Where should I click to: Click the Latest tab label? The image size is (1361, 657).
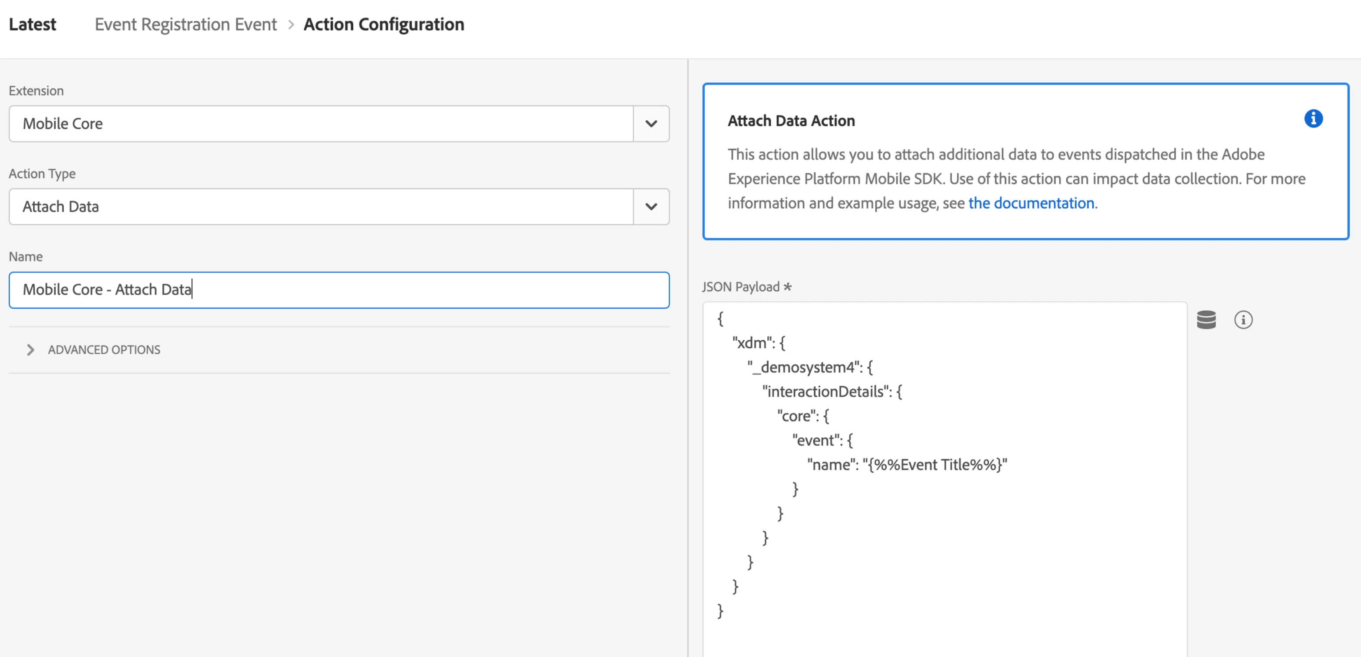pyautogui.click(x=32, y=24)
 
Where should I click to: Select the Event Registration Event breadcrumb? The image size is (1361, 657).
pyautogui.click(x=185, y=24)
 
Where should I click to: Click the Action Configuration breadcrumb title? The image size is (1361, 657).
pyautogui.click(x=384, y=24)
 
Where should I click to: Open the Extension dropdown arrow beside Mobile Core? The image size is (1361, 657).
pyautogui.click(x=651, y=124)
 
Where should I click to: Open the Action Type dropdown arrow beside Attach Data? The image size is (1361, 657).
pyautogui.click(x=651, y=207)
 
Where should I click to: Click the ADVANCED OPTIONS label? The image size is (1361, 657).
pyautogui.click(x=104, y=350)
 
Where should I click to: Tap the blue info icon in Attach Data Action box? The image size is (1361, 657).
pyautogui.click(x=1313, y=119)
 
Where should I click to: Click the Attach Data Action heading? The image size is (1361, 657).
pyautogui.click(x=791, y=121)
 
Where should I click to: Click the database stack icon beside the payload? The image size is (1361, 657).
pyautogui.click(x=1206, y=319)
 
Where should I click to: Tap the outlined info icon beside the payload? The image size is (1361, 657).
pyautogui.click(x=1243, y=319)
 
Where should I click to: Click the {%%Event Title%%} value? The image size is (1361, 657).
pyautogui.click(x=935, y=465)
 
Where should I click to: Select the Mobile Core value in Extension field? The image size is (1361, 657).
pyautogui.click(x=63, y=124)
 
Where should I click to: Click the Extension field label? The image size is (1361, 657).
pyautogui.click(x=36, y=91)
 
